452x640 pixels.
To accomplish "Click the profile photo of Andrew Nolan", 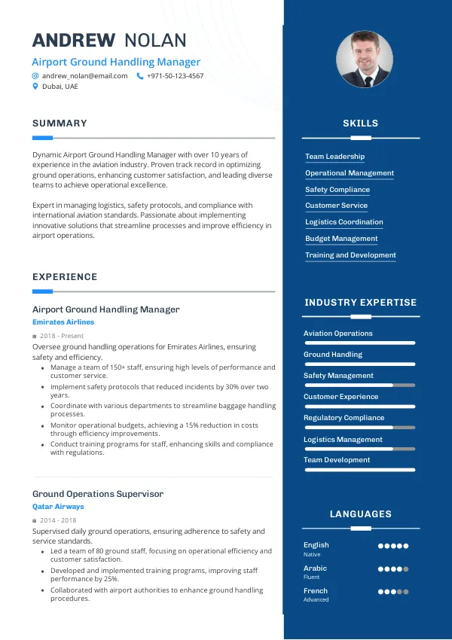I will click(x=365, y=59).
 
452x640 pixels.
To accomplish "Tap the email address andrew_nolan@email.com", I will click(x=84, y=76).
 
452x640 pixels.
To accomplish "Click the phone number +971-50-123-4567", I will click(x=175, y=76).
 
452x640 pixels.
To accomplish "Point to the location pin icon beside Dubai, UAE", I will click(x=35, y=87).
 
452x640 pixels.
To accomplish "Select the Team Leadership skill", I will click(x=334, y=157).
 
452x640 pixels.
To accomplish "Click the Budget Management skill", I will click(x=341, y=239).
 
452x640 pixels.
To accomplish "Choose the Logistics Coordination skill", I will click(x=344, y=222).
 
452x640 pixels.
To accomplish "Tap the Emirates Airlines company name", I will click(x=63, y=322).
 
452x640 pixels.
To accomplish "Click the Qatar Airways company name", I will click(x=58, y=507).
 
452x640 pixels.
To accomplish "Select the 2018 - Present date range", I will click(x=62, y=336).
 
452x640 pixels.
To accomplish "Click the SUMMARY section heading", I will click(x=60, y=123).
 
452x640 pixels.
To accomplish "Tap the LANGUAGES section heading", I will click(x=360, y=514).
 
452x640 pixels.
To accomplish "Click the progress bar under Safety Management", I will click(x=359, y=385).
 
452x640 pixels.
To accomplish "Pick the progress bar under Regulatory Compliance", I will click(x=359, y=427).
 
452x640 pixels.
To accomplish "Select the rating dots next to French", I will click(x=392, y=593).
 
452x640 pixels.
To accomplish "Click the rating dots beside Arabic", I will click(x=392, y=569).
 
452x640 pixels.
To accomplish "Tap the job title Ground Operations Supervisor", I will click(x=98, y=494).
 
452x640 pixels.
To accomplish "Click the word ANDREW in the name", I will click(x=74, y=41).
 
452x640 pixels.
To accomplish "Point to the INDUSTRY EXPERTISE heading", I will click(x=360, y=303).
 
